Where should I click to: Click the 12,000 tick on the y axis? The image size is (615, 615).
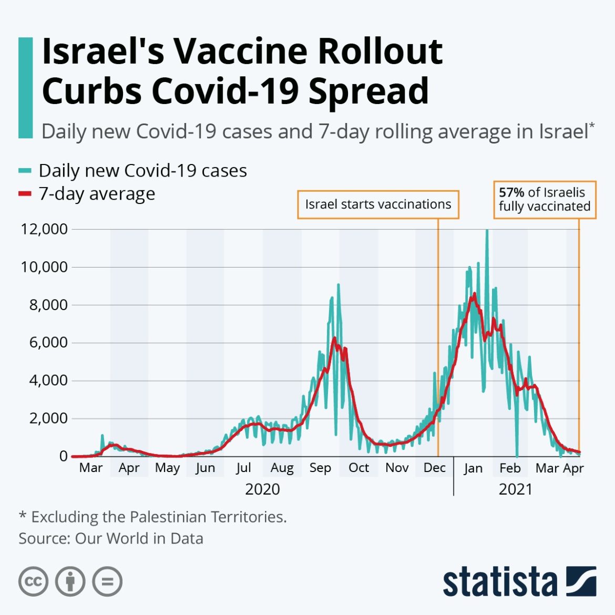pos(44,229)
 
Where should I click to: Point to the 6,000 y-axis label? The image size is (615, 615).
pos(48,343)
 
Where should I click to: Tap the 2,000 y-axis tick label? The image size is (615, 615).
pos(48,418)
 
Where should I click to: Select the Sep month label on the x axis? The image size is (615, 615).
pos(320,468)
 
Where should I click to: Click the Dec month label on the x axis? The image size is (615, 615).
pos(434,468)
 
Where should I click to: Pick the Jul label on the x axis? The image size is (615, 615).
pos(243,468)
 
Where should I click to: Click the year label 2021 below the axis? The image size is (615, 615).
pos(515,489)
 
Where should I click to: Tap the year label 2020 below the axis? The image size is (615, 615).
pos(262,489)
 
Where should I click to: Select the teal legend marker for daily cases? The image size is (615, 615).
pos(25,170)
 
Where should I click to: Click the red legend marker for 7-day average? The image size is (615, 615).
pos(25,194)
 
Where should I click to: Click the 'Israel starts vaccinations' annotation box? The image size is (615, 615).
pos(378,204)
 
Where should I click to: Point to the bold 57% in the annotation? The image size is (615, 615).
pos(511,192)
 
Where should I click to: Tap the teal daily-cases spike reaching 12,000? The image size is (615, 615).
pos(487,231)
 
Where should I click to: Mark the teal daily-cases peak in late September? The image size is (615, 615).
pos(339,285)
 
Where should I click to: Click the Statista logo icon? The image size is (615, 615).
pos(581,581)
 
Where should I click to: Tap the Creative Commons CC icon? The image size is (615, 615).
pos(34,582)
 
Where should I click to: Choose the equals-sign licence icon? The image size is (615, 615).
pos(107,582)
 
